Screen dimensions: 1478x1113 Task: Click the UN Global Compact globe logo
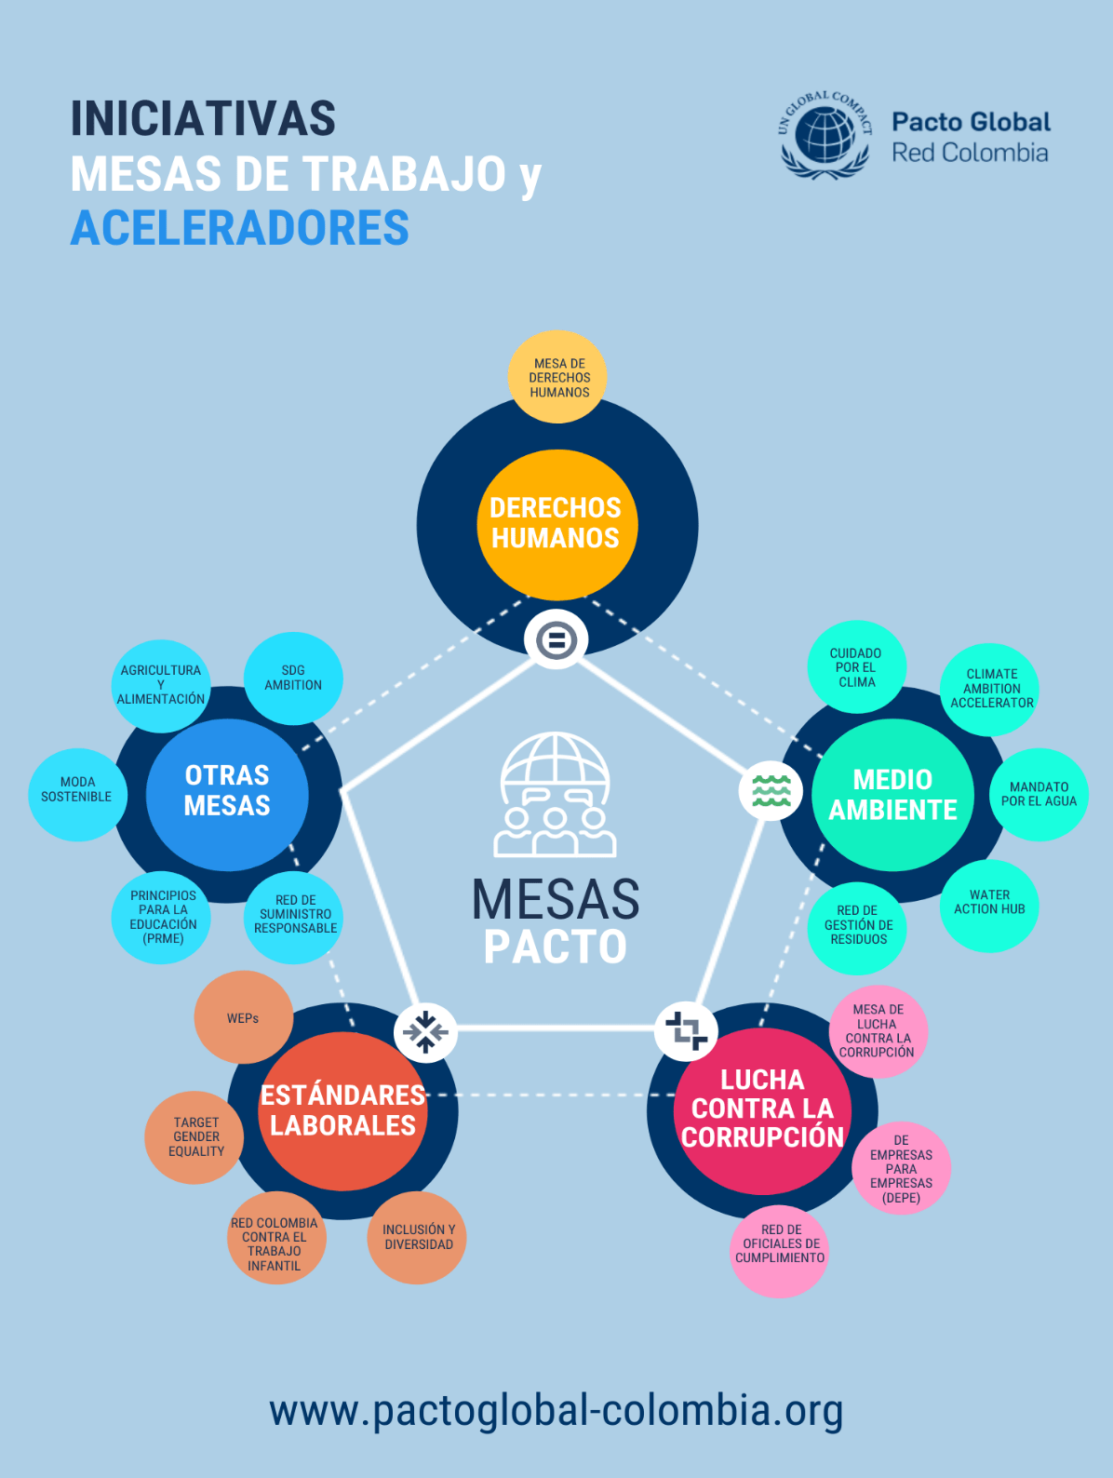pos(825,136)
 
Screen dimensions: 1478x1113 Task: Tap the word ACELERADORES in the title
pos(240,228)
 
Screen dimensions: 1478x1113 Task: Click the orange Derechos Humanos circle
pos(556,524)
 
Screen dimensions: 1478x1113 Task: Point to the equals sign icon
pos(556,639)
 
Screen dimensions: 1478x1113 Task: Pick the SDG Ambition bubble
pos(293,678)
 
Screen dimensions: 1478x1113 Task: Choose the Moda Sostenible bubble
pos(77,789)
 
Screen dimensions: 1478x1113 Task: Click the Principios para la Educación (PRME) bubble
pos(163,917)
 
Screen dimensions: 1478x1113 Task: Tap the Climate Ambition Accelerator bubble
pos(991,689)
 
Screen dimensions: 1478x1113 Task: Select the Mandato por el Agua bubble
pos(1039,794)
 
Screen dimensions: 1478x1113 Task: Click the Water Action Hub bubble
pos(989,903)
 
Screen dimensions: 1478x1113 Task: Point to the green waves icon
pos(771,790)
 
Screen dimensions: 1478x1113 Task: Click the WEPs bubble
pos(243,1017)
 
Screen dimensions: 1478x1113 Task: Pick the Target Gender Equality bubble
pos(195,1136)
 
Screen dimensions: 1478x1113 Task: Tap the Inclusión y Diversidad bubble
pos(418,1237)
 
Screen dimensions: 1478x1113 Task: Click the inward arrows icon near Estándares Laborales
pos(425,1032)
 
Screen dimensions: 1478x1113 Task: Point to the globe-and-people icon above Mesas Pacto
pos(555,795)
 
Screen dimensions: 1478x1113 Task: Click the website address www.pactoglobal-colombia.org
pos(556,1410)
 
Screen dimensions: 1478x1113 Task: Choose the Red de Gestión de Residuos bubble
pos(858,925)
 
